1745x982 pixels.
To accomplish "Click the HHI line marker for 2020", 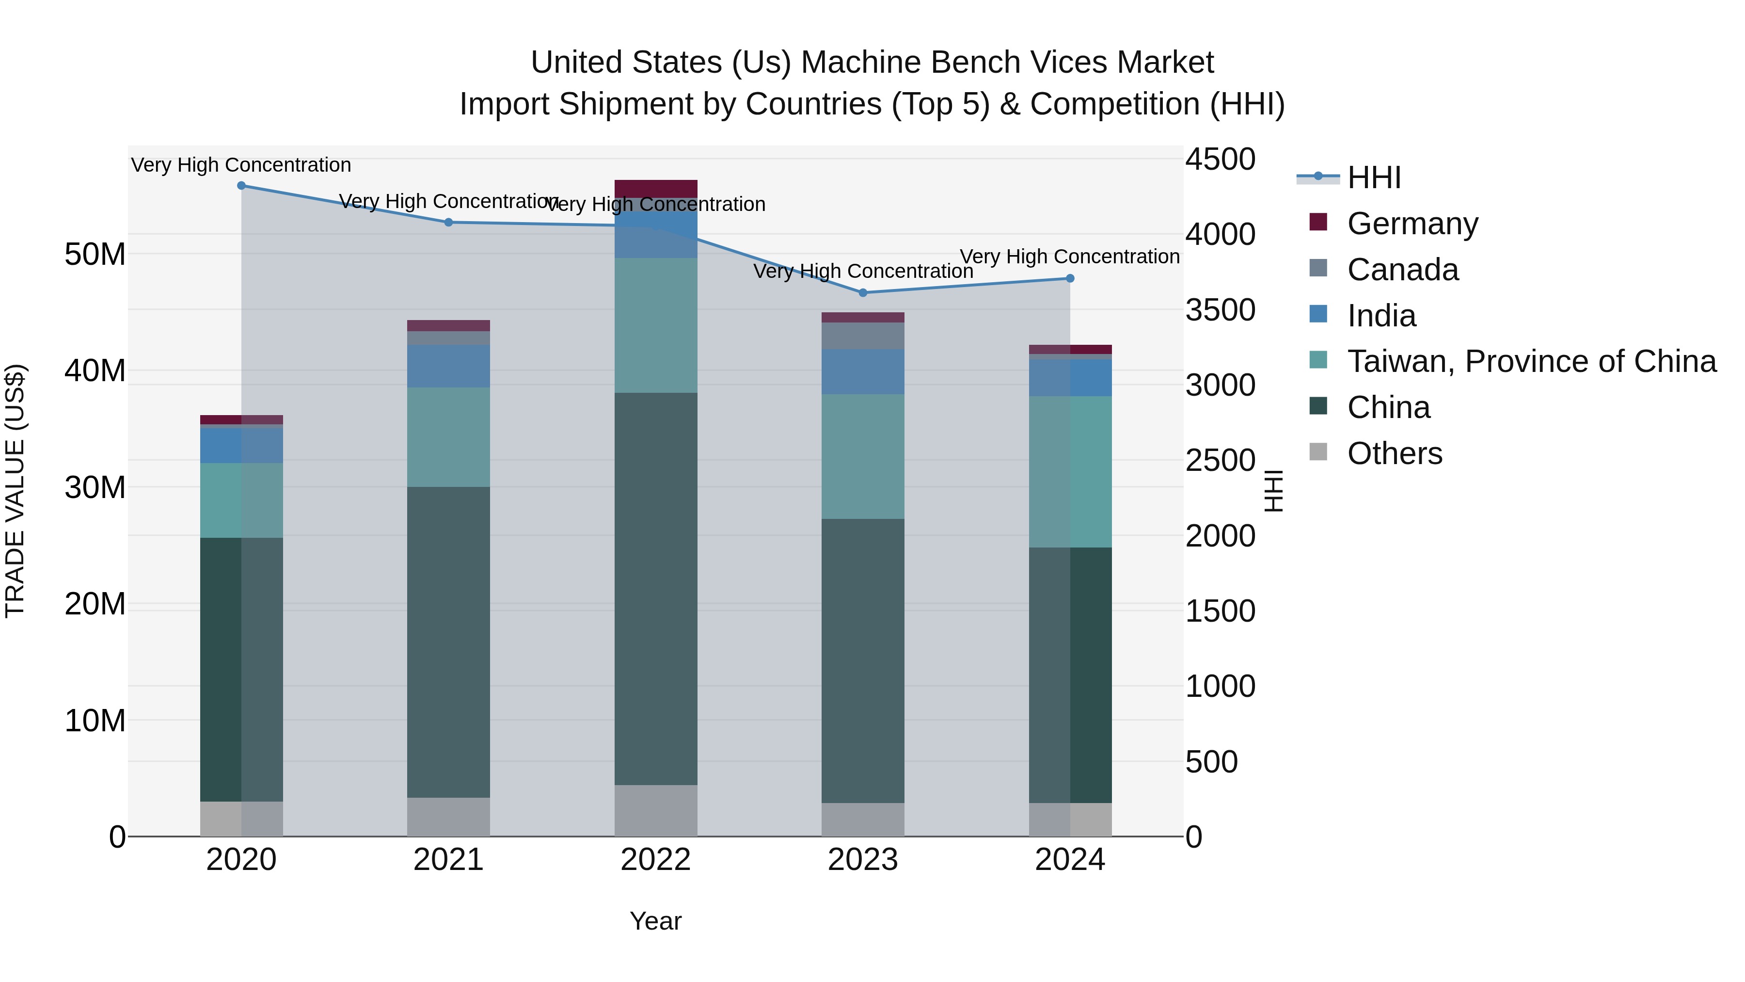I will (x=241, y=186).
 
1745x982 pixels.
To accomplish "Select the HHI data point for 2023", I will (x=862, y=293).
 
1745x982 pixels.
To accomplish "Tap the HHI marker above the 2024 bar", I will (x=1070, y=278).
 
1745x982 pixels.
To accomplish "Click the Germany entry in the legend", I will (x=1412, y=224).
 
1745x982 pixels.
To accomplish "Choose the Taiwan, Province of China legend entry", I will (x=1531, y=361).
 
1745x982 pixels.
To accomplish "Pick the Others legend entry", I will (x=1394, y=453).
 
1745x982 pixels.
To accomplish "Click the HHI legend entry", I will (x=1373, y=177).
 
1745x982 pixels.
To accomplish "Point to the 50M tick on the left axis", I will (x=95, y=255).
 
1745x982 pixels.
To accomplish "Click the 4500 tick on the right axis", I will (x=1220, y=160).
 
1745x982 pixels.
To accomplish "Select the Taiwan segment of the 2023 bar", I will (x=862, y=456).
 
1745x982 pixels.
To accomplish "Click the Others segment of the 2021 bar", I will (x=448, y=817).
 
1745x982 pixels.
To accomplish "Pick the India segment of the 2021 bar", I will (x=448, y=366).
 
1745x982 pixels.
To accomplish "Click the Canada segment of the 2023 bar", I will (x=862, y=336).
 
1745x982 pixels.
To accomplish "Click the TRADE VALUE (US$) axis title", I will (x=16, y=491).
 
